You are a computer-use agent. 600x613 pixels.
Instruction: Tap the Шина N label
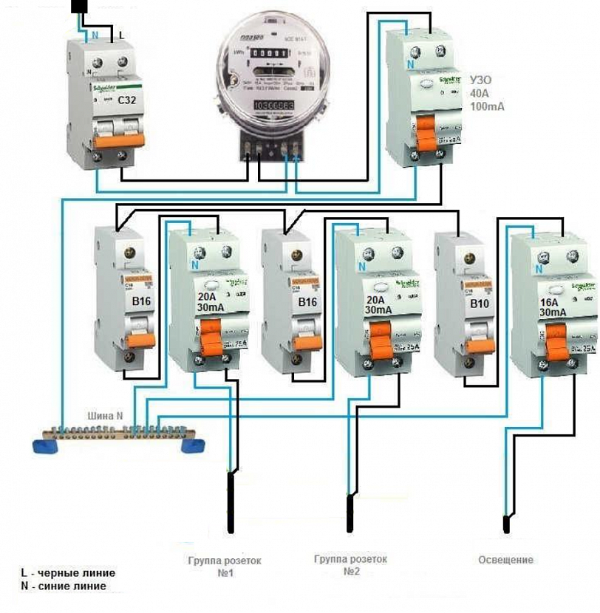point(106,416)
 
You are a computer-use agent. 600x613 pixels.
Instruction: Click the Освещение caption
point(505,560)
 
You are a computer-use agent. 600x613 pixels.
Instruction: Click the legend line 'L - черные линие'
point(68,573)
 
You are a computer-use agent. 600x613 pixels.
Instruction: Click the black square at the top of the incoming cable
point(81,7)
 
